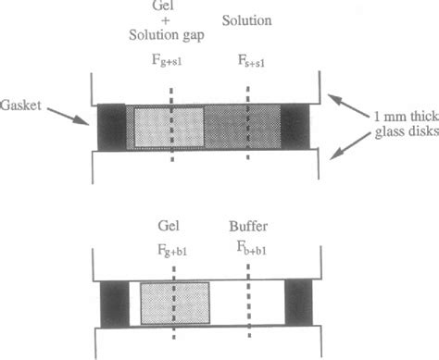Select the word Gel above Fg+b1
pos(171,225)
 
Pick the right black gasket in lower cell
pos(298,302)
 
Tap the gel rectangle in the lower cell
pos(176,302)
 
